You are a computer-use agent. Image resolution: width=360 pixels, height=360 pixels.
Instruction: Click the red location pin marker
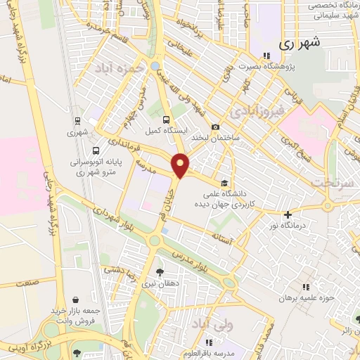[181, 165]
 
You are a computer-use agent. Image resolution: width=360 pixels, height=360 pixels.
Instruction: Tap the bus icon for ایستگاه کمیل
[166, 120]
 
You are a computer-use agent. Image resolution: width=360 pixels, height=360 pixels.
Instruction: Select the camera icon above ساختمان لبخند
[215, 127]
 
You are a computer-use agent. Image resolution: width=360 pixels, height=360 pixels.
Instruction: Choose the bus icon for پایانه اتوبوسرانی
[96, 150]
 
